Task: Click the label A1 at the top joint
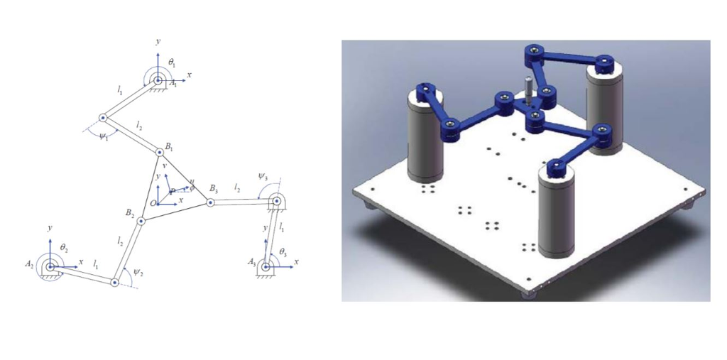[x=174, y=84]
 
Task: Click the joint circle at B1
[x=159, y=151]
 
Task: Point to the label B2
[x=129, y=213]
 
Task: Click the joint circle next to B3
[x=210, y=202]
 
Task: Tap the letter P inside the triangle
[x=171, y=192]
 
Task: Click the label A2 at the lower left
[x=29, y=264]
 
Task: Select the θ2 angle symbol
[x=64, y=246]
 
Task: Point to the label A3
[x=253, y=263]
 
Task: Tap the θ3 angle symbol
[x=283, y=252]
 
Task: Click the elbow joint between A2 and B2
[x=114, y=283]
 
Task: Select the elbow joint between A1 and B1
[x=103, y=118]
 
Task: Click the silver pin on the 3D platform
[x=529, y=89]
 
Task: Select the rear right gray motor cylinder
[x=605, y=107]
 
